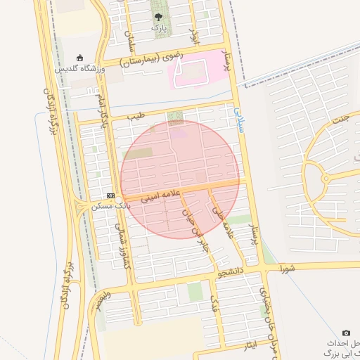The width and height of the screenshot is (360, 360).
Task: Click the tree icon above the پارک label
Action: point(160,16)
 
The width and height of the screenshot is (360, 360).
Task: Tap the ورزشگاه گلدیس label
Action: point(80,69)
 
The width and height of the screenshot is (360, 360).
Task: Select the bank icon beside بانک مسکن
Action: point(110,195)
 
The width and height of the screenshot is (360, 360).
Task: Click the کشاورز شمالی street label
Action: point(122,245)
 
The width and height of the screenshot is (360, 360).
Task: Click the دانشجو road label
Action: point(231,271)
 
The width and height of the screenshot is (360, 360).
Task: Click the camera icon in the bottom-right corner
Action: point(345,333)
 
